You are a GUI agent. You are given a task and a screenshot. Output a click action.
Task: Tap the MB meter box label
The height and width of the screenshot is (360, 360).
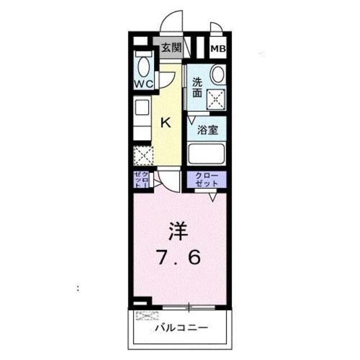(218, 48)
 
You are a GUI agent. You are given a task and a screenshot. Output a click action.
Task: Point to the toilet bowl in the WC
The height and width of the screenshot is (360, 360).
(144, 66)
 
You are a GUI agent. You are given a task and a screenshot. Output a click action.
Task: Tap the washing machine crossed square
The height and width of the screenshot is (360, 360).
(216, 100)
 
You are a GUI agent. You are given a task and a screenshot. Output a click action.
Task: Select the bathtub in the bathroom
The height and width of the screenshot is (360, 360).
(206, 154)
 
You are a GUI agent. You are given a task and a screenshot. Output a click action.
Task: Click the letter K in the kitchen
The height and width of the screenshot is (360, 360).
(166, 122)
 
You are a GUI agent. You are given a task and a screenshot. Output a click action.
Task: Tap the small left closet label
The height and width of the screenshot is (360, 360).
(141, 179)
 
